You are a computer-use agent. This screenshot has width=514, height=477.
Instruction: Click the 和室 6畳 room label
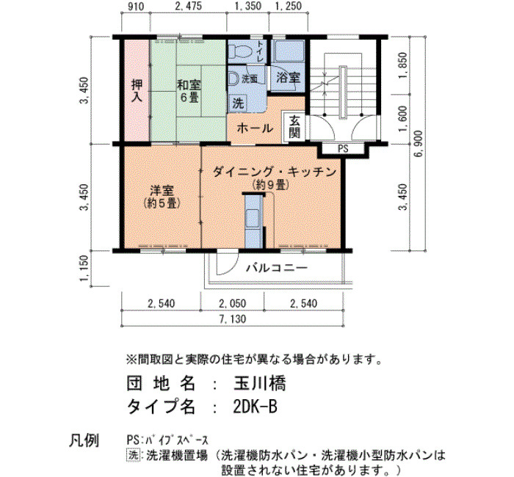(x=189, y=91)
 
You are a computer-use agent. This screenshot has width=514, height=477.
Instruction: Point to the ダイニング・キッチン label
(x=275, y=172)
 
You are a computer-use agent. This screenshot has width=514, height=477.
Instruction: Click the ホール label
(x=255, y=128)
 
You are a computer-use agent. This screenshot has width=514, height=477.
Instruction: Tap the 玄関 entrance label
(x=294, y=127)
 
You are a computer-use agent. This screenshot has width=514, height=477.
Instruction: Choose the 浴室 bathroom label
(x=288, y=78)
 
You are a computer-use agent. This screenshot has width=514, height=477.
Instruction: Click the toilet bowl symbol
(x=240, y=51)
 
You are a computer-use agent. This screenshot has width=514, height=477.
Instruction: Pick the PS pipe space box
(x=343, y=149)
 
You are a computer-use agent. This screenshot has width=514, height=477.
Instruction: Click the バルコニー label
(x=277, y=268)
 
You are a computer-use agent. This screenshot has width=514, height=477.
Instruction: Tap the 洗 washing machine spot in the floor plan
(x=239, y=103)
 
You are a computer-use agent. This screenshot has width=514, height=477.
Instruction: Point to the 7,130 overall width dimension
(x=233, y=318)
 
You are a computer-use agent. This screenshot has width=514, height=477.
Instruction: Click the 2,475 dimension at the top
(x=189, y=6)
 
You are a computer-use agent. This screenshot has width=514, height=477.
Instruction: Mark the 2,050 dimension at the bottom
(x=233, y=303)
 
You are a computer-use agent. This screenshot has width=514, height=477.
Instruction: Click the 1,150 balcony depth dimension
(x=84, y=268)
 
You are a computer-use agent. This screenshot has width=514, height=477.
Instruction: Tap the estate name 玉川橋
(x=260, y=383)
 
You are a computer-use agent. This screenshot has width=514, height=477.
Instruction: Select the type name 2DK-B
(x=255, y=407)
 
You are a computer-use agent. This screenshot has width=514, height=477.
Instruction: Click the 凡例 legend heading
(x=84, y=440)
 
